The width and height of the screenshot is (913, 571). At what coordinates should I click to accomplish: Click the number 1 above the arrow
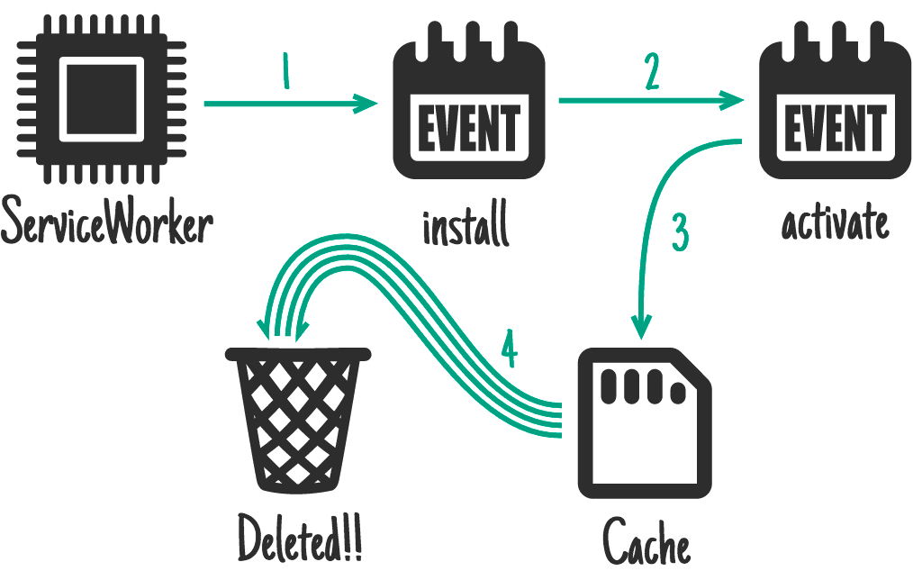click(x=286, y=72)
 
